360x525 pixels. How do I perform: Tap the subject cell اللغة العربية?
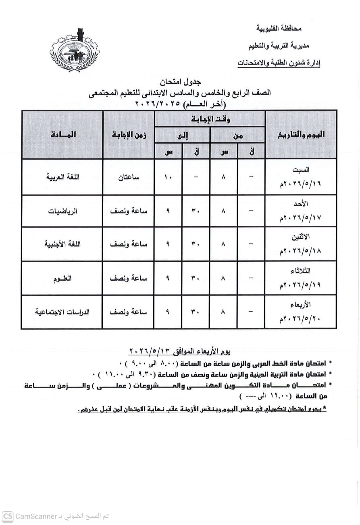tap(62, 177)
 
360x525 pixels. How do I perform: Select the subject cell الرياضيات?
tap(62, 211)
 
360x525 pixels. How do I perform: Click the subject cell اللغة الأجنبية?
tap(62, 244)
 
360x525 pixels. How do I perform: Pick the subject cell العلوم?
tap(62, 278)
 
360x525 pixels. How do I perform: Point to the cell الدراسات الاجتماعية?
tap(62, 312)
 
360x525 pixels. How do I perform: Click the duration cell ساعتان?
tap(129, 177)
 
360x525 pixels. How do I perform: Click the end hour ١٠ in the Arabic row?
tap(168, 177)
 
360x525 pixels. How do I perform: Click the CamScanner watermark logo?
tap(8, 516)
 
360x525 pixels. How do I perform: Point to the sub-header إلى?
tap(183, 136)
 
